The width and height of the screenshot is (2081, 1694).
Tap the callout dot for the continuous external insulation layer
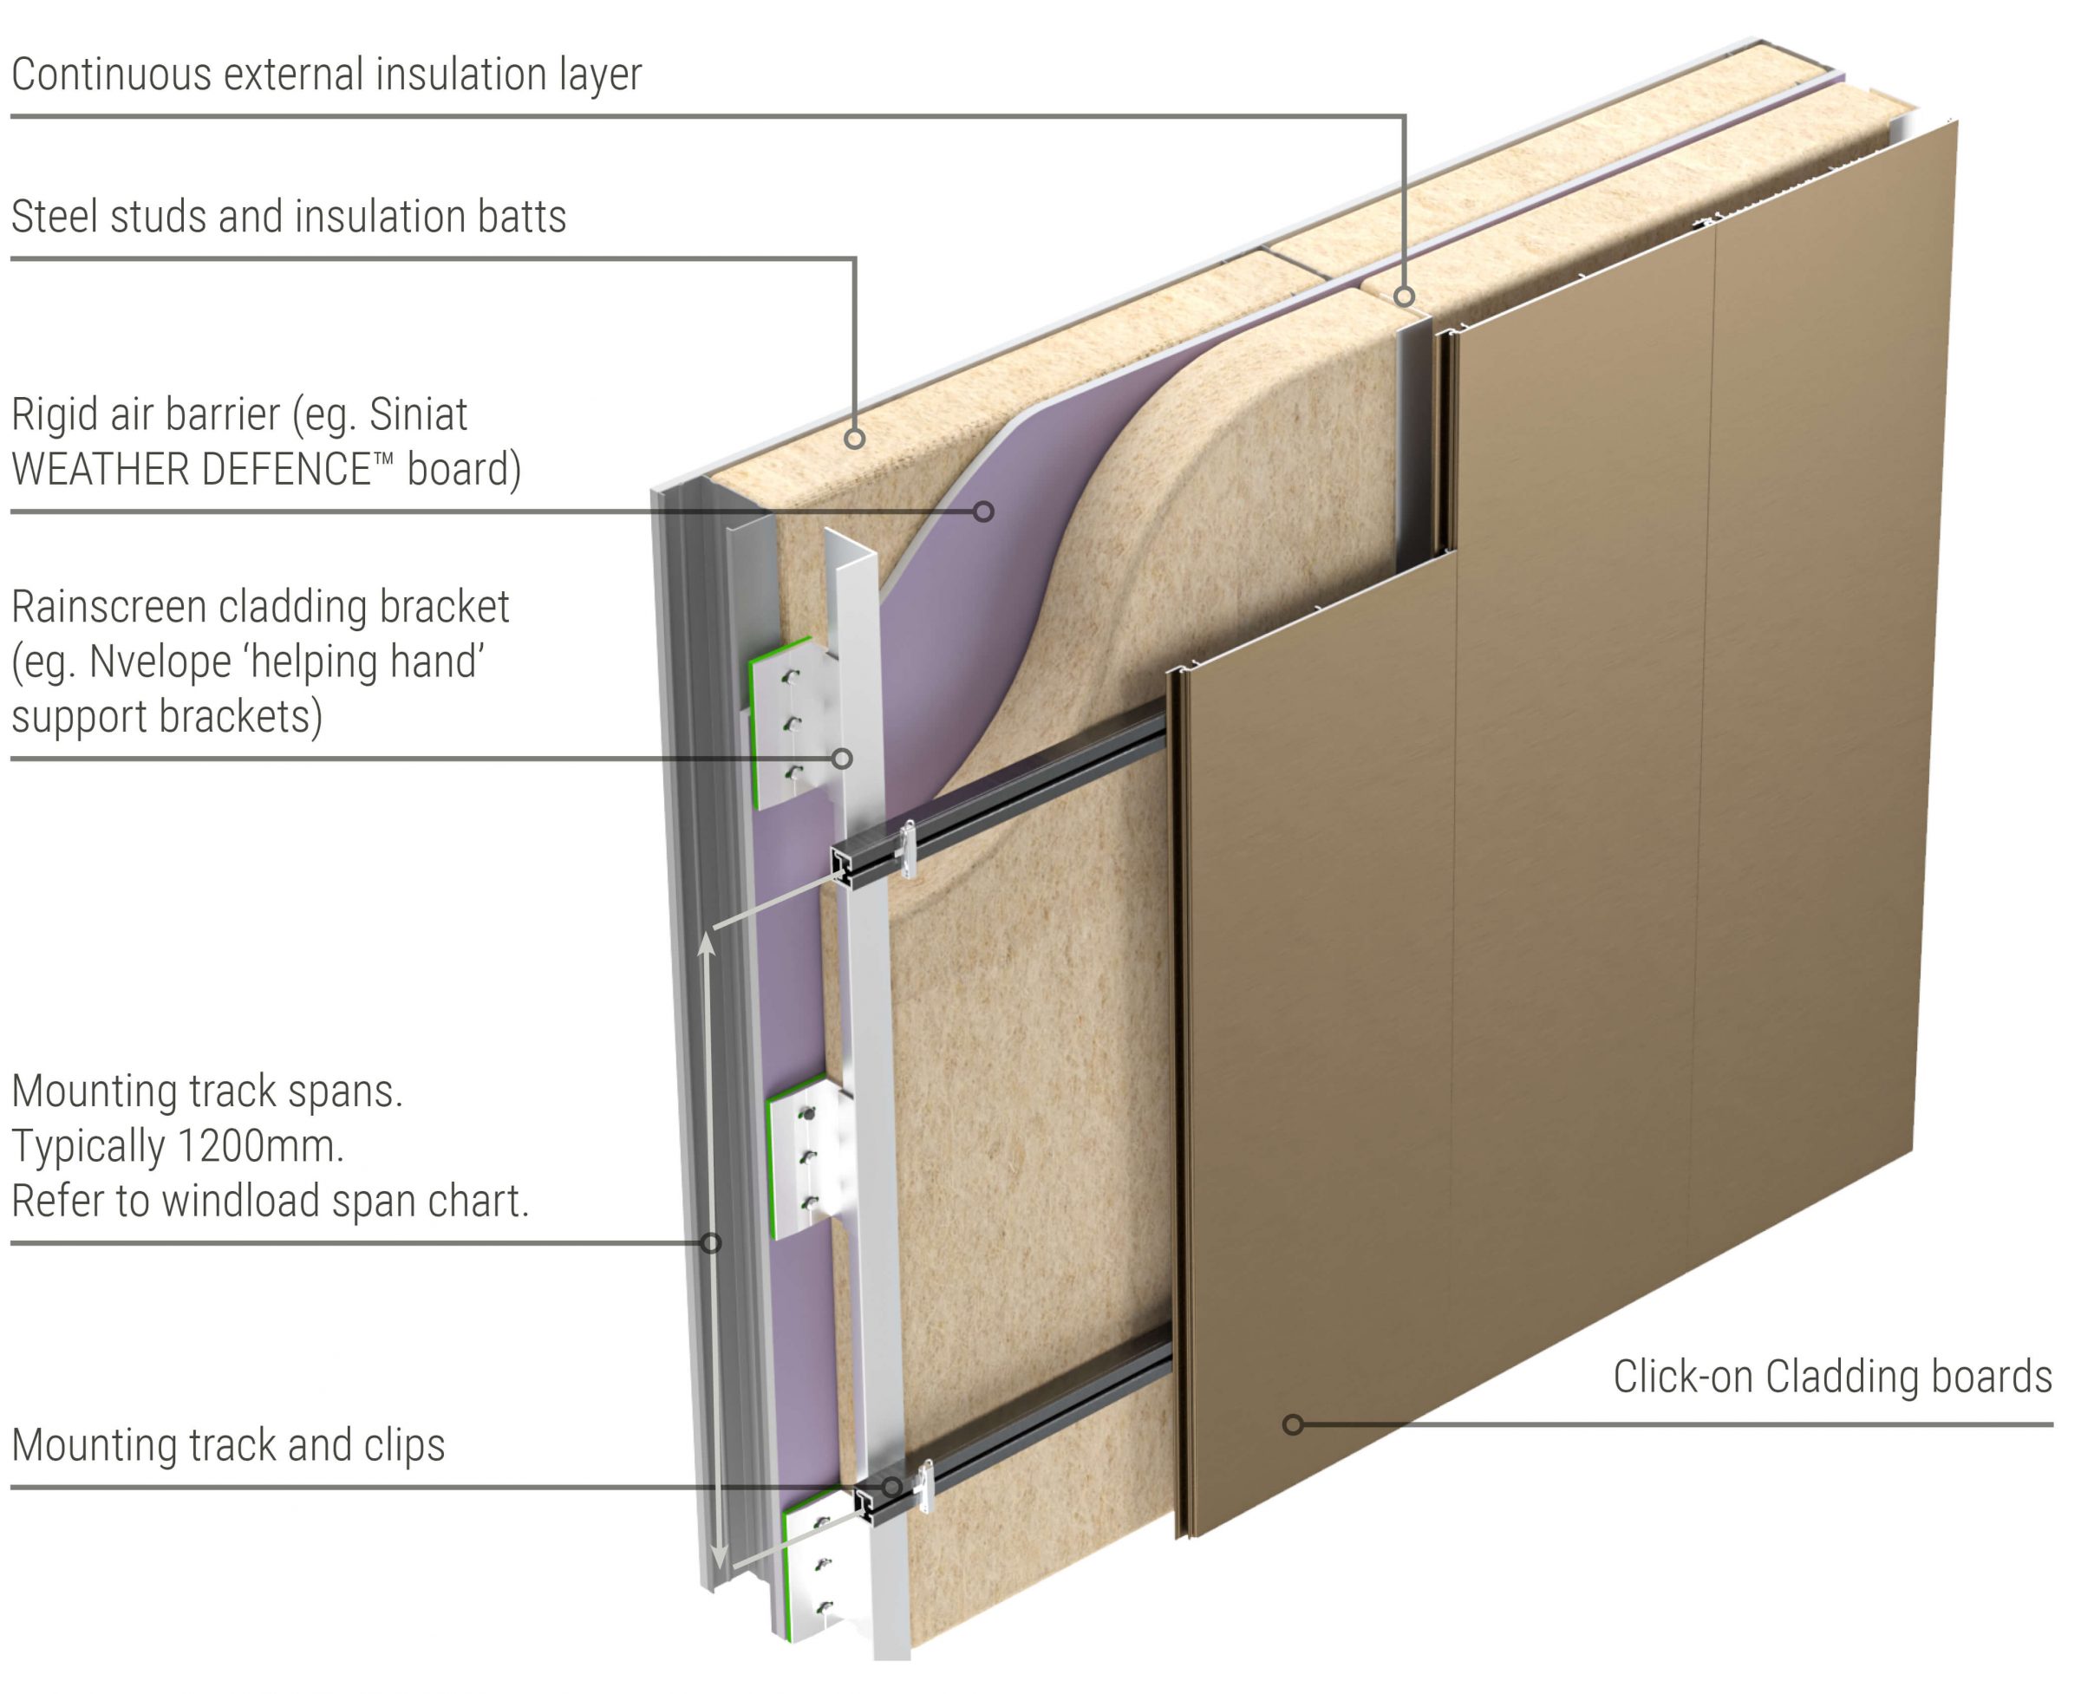pyautogui.click(x=1404, y=296)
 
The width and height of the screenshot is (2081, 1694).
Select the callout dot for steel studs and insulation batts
pyautogui.click(x=854, y=440)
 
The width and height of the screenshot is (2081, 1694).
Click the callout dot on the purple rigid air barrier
pyautogui.click(x=984, y=511)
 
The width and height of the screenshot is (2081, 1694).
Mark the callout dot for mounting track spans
pyautogui.click(x=712, y=1243)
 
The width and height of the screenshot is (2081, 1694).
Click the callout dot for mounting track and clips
pyautogui.click(x=891, y=1487)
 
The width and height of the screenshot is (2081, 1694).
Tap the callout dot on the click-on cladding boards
pyautogui.click(x=1292, y=1424)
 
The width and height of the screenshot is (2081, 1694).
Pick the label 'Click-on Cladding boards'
pyautogui.click(x=1831, y=1377)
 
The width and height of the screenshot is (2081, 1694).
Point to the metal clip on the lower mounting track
pyautogui.click(x=923, y=1485)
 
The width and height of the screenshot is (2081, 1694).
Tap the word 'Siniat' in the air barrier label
pyautogui.click(x=418, y=414)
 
